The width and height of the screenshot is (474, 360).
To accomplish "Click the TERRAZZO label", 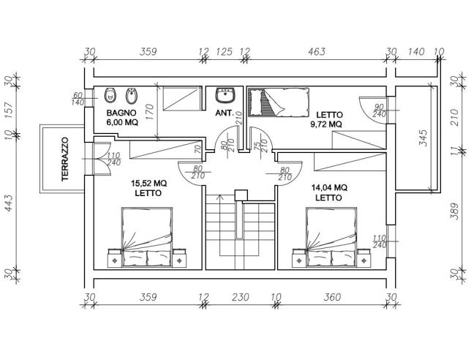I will (x=64, y=160).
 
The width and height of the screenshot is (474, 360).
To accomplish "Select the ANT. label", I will (x=224, y=114).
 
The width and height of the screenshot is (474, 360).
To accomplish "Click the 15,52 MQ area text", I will (x=148, y=183).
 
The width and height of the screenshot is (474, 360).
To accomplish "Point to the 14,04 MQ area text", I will (x=329, y=187).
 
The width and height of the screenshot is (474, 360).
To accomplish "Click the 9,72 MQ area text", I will (x=326, y=124).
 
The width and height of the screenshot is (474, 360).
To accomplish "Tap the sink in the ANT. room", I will (x=224, y=95).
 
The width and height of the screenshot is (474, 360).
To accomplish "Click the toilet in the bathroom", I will (x=110, y=95).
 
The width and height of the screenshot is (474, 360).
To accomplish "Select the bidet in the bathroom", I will (x=131, y=95).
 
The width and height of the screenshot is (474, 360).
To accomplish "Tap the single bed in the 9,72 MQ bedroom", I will (x=277, y=100).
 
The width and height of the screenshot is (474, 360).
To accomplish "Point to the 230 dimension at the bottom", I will (x=239, y=298).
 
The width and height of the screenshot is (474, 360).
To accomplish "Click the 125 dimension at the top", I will (x=225, y=52).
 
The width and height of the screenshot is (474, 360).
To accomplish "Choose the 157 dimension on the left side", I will (x=10, y=108).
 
